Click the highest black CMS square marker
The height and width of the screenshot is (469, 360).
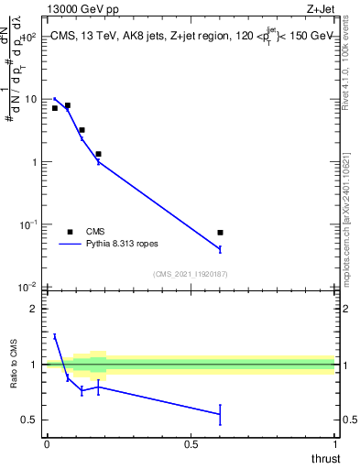click(x=67, y=105)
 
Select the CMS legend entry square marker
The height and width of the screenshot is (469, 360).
click(x=70, y=232)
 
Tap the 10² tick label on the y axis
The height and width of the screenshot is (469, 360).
click(x=28, y=37)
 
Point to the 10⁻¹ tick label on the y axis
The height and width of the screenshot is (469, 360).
click(x=28, y=224)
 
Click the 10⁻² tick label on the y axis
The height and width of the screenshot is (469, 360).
click(x=28, y=287)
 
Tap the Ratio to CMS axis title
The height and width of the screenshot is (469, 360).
click(x=13, y=365)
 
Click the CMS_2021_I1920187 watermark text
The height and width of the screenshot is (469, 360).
click(x=190, y=274)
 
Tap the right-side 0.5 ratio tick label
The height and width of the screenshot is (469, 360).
click(x=348, y=420)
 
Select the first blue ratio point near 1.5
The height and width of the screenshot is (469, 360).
click(x=55, y=336)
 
